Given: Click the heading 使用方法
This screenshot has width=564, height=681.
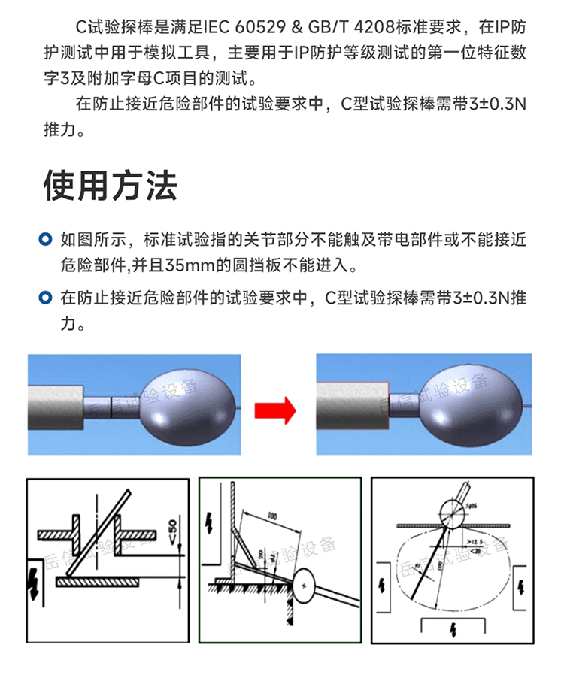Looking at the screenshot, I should [111, 185].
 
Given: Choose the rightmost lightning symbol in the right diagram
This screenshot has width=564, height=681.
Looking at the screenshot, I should [520, 584].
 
